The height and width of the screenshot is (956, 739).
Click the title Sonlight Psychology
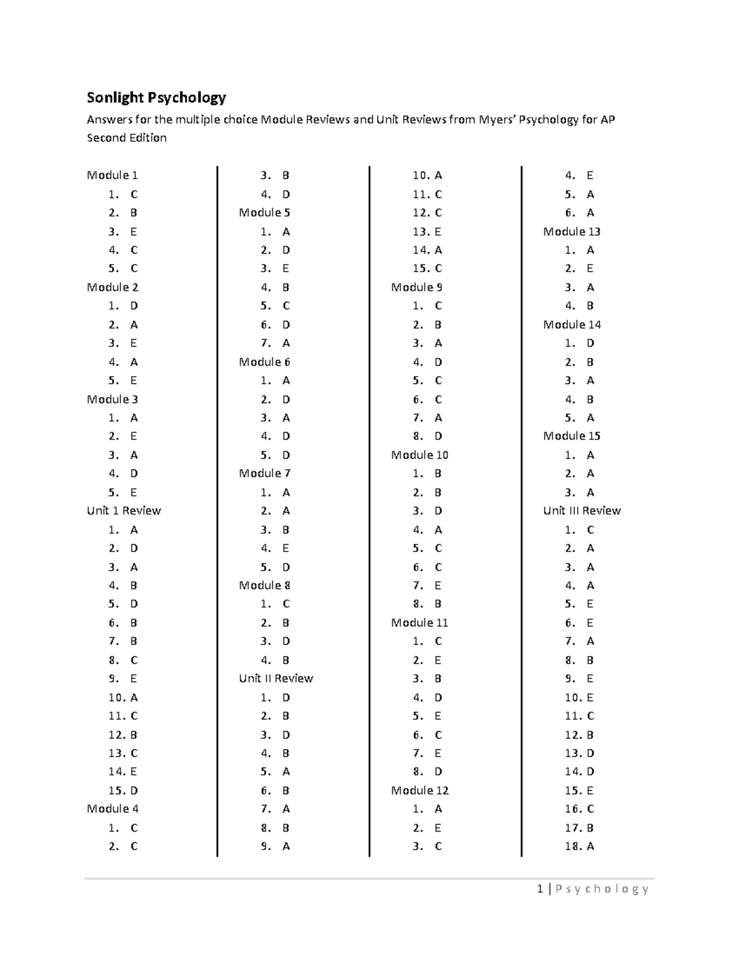tap(156, 97)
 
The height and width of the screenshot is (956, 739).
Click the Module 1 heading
tap(112, 175)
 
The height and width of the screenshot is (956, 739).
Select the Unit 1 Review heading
tap(124, 511)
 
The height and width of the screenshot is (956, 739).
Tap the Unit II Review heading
tap(276, 678)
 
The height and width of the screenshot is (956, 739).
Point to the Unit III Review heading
tap(582, 511)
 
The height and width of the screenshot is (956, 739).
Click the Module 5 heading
tap(264, 213)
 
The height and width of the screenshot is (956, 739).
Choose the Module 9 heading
tap(416, 287)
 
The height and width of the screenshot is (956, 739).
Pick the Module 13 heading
tap(571, 231)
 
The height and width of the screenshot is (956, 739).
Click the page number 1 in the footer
tap(540, 889)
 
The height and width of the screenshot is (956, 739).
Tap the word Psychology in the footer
tap(602, 889)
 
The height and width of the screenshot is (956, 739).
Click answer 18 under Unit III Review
tap(579, 846)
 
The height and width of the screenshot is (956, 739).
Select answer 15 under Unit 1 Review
tap(123, 790)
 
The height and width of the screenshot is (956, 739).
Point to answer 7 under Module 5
tap(275, 343)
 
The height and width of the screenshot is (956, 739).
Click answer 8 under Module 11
tap(427, 772)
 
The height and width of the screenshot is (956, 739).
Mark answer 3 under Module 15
tap(579, 492)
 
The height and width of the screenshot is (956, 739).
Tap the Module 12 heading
tap(419, 790)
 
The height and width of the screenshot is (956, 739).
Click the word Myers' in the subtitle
tap(498, 119)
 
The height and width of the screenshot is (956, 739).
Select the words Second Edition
tap(127, 138)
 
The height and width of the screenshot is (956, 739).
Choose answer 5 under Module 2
tap(123, 380)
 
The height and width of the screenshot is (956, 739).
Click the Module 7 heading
tap(264, 473)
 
